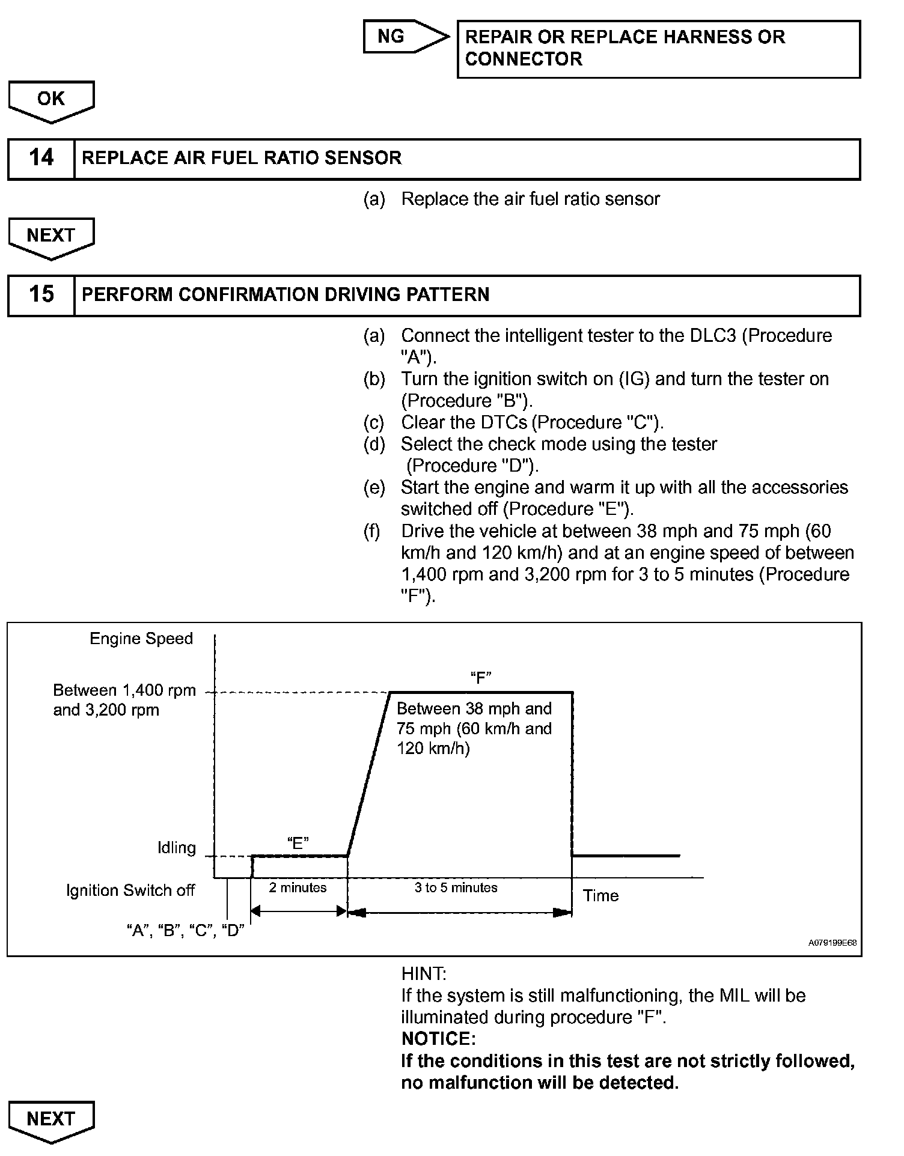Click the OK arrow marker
point(51,100)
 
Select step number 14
point(41,159)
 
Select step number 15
point(41,295)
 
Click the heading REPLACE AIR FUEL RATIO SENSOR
point(242,159)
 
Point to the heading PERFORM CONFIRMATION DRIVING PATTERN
point(286,295)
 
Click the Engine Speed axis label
point(141,639)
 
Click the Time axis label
point(600,896)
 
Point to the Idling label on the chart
point(177,848)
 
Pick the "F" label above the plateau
point(481,678)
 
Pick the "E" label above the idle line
point(298,843)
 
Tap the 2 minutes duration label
point(298,888)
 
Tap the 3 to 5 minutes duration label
point(456,888)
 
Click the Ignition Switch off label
point(130,890)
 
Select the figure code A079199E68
point(832,943)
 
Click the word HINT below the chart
point(424,974)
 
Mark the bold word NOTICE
point(438,1039)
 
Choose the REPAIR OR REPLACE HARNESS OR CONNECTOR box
point(658,49)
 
